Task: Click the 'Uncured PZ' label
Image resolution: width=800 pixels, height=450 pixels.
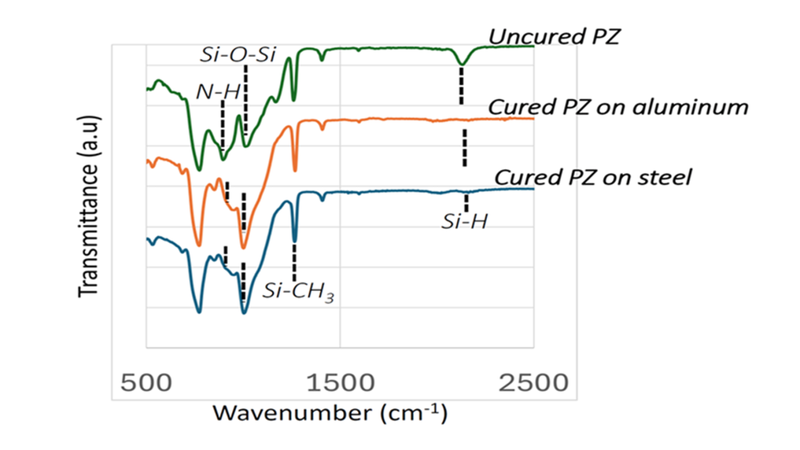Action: coord(554,37)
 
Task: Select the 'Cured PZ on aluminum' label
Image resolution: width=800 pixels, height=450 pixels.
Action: coord(617,107)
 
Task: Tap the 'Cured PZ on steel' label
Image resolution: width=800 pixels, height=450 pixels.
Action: coord(593,177)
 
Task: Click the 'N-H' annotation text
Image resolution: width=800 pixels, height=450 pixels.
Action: coord(218,92)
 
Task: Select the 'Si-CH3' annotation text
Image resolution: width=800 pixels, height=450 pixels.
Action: coord(297,291)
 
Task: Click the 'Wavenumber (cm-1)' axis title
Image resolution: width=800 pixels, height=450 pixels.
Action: coord(330,413)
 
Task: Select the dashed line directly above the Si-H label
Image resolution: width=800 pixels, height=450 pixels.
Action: coord(466,202)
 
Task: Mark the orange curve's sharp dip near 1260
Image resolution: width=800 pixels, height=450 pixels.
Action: coord(294,171)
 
